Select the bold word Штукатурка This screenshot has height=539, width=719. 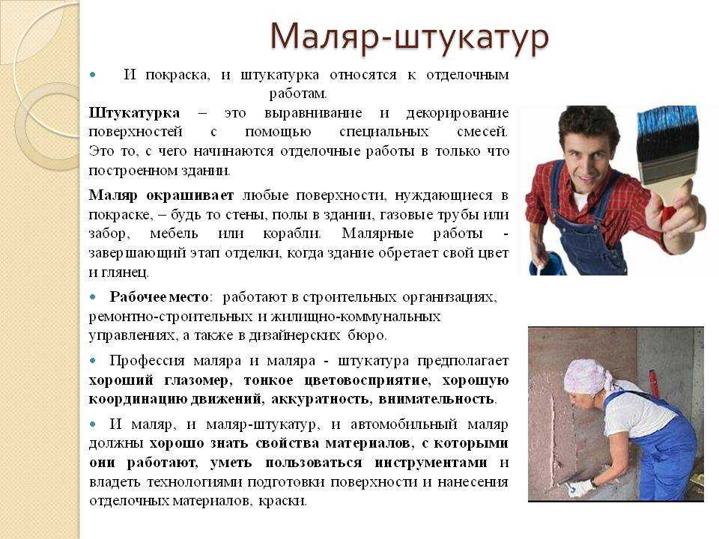134,113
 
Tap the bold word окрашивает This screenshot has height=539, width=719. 189,195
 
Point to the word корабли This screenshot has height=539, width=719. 292,234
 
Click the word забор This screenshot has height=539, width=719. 109,234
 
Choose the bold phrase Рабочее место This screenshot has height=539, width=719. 160,297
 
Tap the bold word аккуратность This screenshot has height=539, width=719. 321,399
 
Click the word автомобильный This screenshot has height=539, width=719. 404,424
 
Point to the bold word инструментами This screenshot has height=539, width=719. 431,463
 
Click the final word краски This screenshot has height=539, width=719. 282,501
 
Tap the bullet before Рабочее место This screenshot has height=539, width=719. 93,297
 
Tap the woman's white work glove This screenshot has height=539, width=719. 580,487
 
